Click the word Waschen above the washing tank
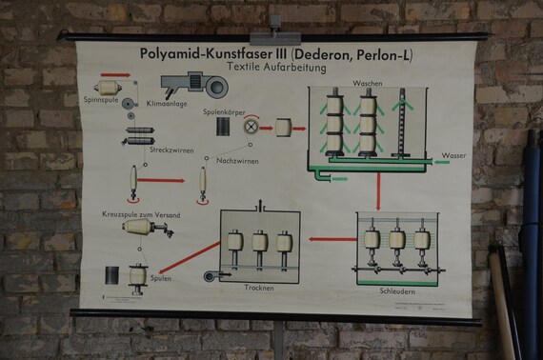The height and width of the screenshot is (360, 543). pos(367,83)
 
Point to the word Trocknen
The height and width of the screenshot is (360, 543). pos(258,287)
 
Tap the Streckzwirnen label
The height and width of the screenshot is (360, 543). pos(168,150)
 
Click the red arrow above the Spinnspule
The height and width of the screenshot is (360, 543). pos(116,74)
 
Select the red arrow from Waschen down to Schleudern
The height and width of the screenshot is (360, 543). pos(378,191)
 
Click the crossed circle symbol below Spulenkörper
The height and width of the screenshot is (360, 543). pos(251,127)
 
